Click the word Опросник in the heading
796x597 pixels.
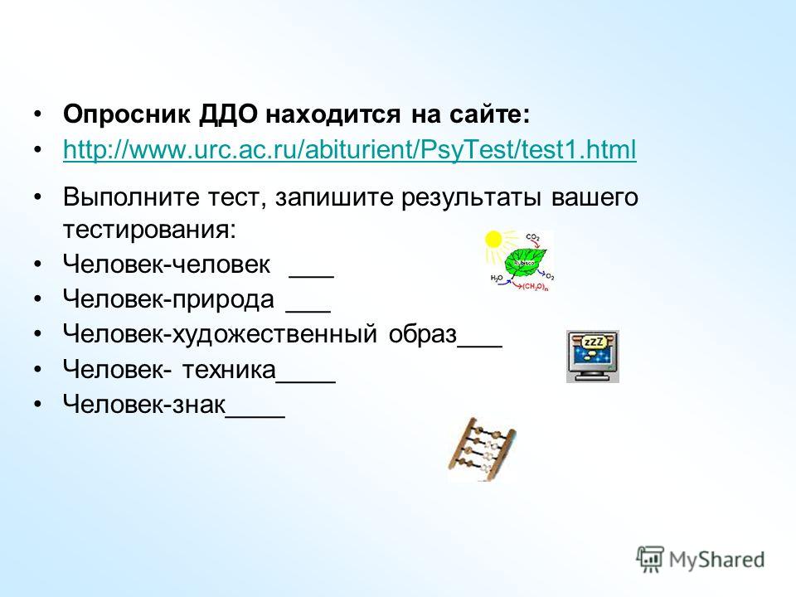coord(126,114)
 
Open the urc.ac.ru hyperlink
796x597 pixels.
coord(349,150)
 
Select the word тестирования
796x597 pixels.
coord(149,230)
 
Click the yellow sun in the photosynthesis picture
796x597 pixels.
coord(493,239)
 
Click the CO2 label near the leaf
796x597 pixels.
coord(533,237)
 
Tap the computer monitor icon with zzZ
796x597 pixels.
coord(592,356)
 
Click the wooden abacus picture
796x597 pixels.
coord(482,449)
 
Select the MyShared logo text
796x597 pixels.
coord(716,560)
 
